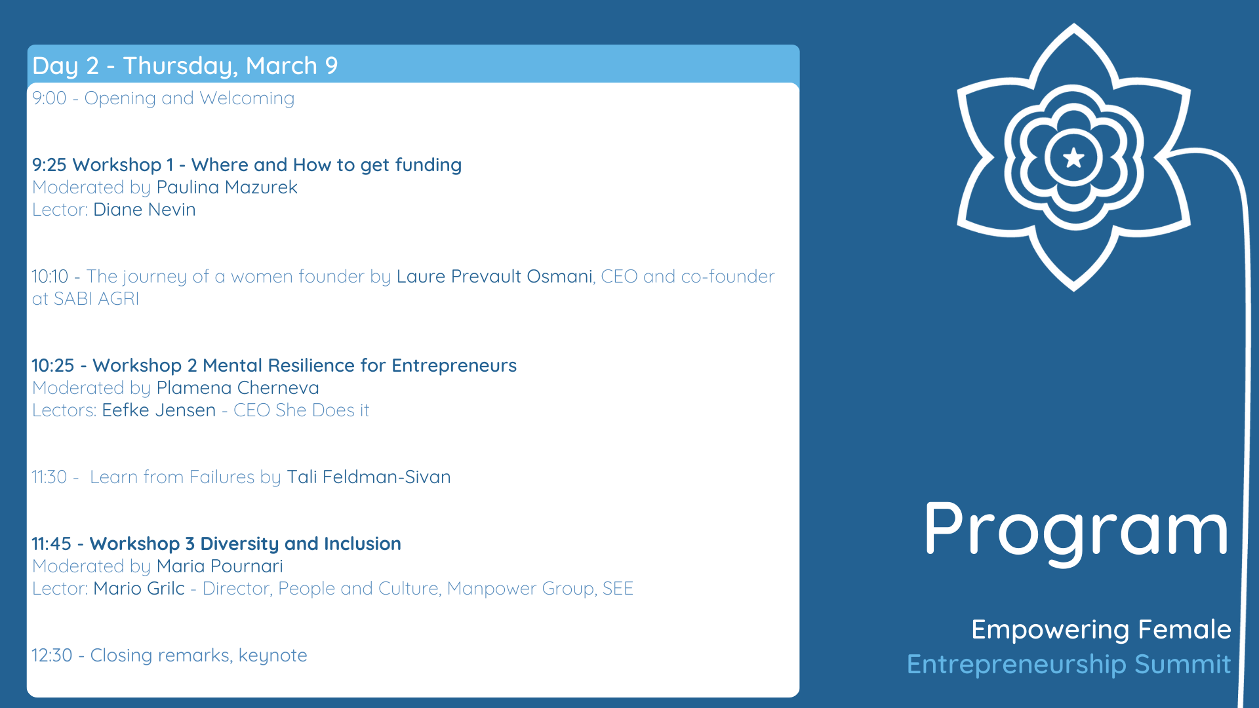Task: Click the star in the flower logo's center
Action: point(1073,157)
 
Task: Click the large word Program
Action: point(1076,530)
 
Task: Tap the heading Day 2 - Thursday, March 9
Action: point(185,66)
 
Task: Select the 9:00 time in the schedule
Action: point(49,98)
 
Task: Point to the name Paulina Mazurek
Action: point(227,187)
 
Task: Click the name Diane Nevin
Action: point(144,210)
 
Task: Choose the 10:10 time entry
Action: point(50,277)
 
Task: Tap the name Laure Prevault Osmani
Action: point(494,277)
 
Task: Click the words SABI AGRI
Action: point(96,299)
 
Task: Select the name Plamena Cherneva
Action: point(238,388)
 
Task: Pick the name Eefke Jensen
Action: point(159,410)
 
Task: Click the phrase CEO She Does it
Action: point(302,410)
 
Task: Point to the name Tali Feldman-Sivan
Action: point(369,477)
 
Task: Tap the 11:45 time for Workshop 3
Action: point(51,544)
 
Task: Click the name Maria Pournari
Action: point(220,566)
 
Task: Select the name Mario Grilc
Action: point(139,589)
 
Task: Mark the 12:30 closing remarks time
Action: point(52,656)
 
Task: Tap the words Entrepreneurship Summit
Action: point(1069,665)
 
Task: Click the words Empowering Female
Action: point(1101,630)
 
